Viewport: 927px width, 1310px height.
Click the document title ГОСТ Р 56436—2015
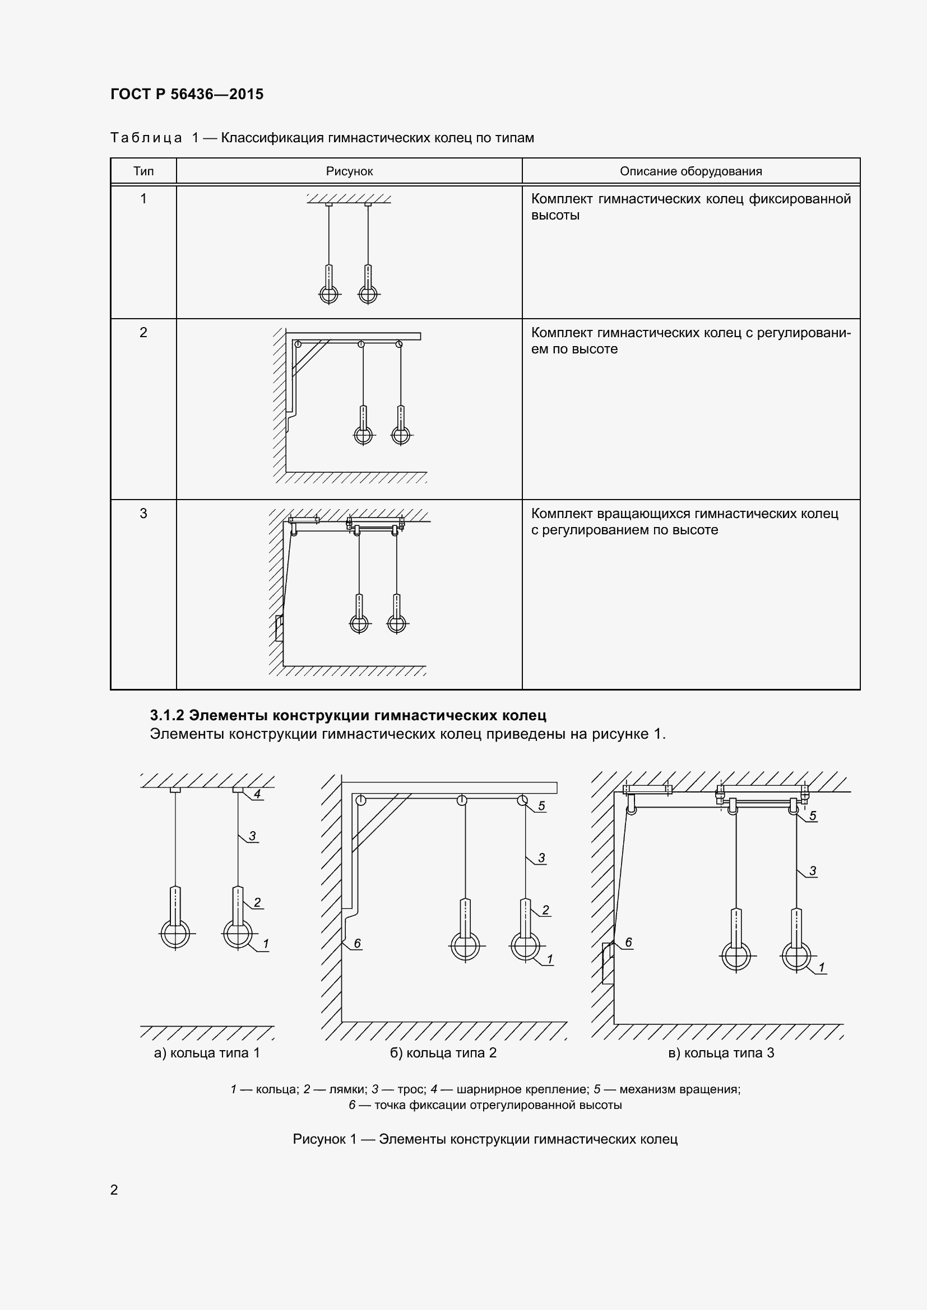[187, 94]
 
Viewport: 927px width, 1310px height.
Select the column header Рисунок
[349, 171]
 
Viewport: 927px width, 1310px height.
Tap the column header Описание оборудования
[690, 171]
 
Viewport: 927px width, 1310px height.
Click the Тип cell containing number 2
[143, 333]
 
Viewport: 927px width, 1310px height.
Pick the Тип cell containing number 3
[143, 514]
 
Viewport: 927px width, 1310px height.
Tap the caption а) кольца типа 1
[207, 1053]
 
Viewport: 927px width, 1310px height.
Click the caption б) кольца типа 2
[443, 1053]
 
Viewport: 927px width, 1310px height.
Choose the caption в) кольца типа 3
[721, 1053]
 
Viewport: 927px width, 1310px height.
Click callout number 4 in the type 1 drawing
[257, 794]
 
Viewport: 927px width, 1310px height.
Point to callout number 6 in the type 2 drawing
[358, 943]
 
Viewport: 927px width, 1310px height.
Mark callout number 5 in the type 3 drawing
[813, 816]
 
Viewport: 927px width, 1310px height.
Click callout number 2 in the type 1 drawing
[257, 902]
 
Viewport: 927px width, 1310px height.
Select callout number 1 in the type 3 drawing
[822, 967]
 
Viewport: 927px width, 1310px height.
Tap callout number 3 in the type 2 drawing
[541, 857]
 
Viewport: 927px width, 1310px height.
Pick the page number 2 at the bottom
[114, 1190]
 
